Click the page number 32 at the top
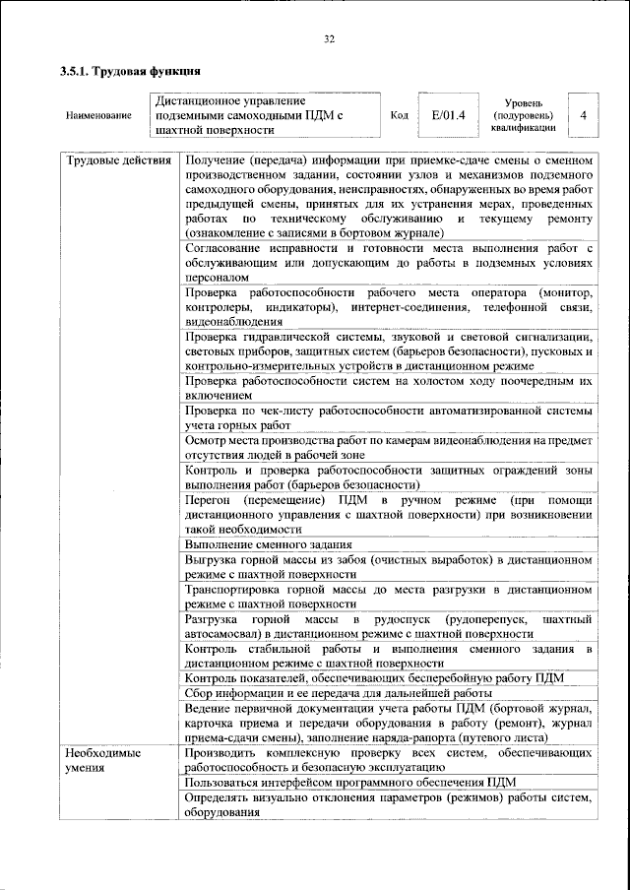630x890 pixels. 329,39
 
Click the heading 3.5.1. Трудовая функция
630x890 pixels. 131,71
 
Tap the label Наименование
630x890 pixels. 98,116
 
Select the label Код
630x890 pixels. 399,115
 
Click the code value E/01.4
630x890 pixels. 448,115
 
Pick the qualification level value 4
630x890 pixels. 584,115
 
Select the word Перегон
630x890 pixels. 211,499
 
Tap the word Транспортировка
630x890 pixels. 236,589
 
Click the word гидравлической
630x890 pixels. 283,337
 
